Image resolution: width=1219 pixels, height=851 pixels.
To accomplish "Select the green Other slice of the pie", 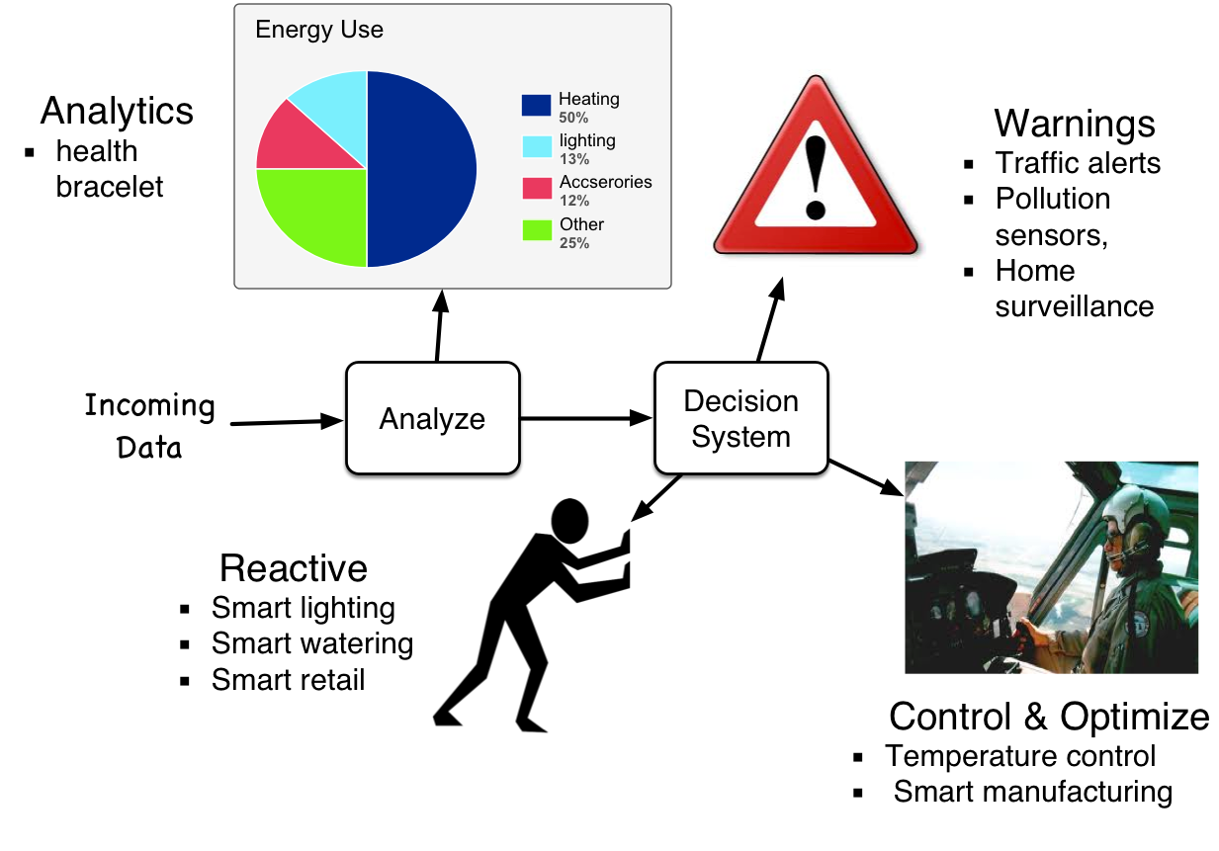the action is (x=321, y=213).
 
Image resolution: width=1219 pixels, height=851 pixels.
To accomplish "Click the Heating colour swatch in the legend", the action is (x=536, y=105).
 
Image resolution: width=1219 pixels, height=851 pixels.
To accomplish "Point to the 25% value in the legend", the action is (x=574, y=243).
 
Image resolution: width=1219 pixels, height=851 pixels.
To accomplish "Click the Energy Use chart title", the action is (x=319, y=30).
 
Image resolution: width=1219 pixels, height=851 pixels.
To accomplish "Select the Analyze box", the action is (x=433, y=418).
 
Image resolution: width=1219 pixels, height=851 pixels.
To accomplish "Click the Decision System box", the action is (x=741, y=418).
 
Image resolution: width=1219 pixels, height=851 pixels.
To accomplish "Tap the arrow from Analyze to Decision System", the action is (x=586, y=418).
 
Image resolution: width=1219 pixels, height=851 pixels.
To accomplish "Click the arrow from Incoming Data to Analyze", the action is (x=287, y=422).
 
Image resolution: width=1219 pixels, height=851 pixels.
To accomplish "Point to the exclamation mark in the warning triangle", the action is (x=816, y=177).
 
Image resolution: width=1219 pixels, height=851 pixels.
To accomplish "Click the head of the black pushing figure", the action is (x=569, y=520).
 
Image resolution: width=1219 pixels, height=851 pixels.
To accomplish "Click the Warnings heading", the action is (x=1075, y=124).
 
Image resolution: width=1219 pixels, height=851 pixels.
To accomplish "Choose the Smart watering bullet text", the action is (x=312, y=643).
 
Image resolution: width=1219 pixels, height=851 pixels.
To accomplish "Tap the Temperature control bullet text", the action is (x=1020, y=756).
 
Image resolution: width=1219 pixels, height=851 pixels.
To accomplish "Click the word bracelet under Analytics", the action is (x=110, y=187).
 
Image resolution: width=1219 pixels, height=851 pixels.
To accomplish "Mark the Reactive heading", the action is (x=294, y=568).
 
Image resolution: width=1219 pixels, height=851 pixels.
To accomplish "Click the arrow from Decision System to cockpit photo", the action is (x=866, y=477).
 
